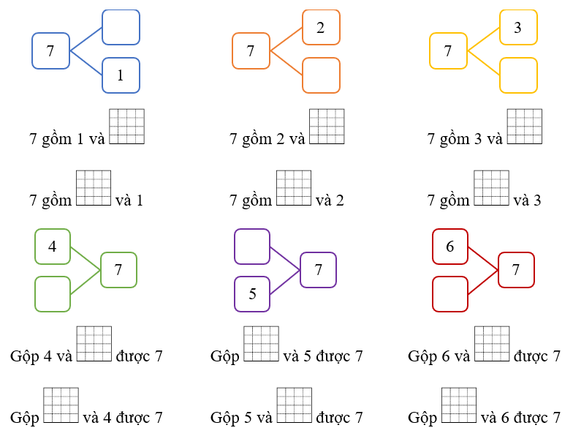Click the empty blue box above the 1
pyautogui.click(x=121, y=27)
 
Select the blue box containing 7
pyautogui.click(x=50, y=51)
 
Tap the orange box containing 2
pyautogui.click(x=321, y=28)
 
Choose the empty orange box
pyautogui.click(x=321, y=75)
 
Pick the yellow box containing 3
pyautogui.click(x=518, y=28)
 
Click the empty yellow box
pyautogui.click(x=518, y=75)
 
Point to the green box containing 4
pyautogui.click(x=53, y=247)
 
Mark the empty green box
pyautogui.click(x=53, y=294)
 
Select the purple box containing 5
pyautogui.click(x=252, y=294)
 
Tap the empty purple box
pyautogui.click(x=252, y=247)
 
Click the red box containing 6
pyautogui.click(x=450, y=247)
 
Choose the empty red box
pyautogui.click(x=450, y=294)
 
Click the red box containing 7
pyautogui.click(x=516, y=270)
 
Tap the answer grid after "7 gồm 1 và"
pyautogui.click(x=126, y=127)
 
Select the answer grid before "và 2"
pyautogui.click(x=293, y=188)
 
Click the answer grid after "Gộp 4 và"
pyautogui.click(x=94, y=343)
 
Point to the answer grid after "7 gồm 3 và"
pyautogui.click(x=524, y=127)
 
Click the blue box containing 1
pyautogui.click(x=121, y=75)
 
